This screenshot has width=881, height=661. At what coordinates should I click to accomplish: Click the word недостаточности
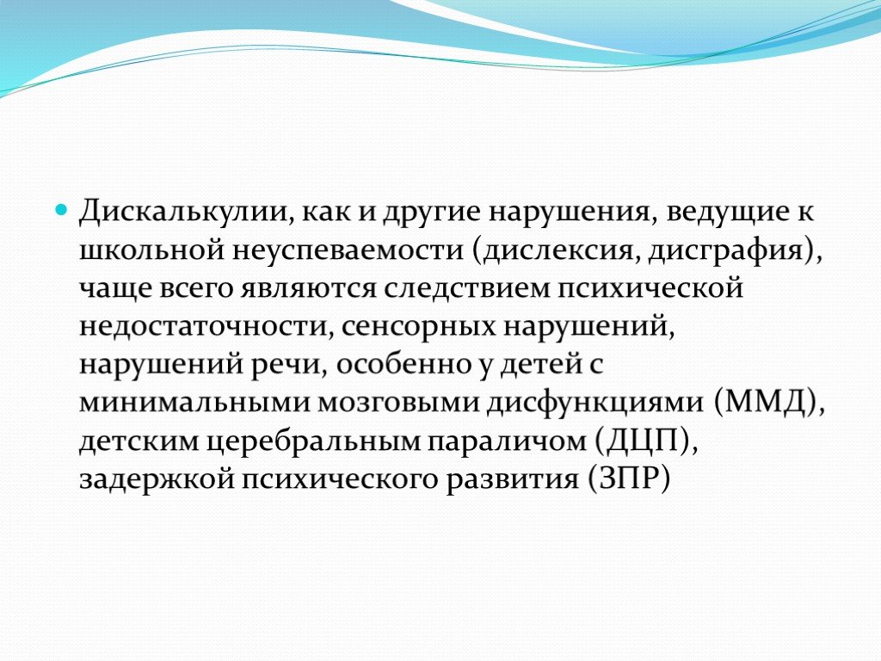tap(202, 327)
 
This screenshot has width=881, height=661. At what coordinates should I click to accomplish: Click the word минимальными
tap(194, 404)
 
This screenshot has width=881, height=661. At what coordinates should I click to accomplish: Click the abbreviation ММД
tap(766, 403)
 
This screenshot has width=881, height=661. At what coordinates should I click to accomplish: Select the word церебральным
tap(314, 442)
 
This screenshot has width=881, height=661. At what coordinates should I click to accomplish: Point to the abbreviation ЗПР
tap(629, 479)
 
